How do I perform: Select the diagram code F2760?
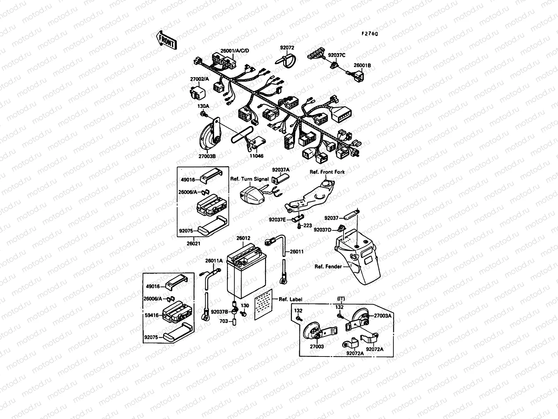(x=369, y=34)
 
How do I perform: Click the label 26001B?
(x=362, y=65)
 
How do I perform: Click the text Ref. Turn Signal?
(x=249, y=179)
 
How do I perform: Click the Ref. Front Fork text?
(x=327, y=172)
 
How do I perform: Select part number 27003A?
(x=383, y=315)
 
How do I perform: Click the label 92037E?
(x=277, y=220)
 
